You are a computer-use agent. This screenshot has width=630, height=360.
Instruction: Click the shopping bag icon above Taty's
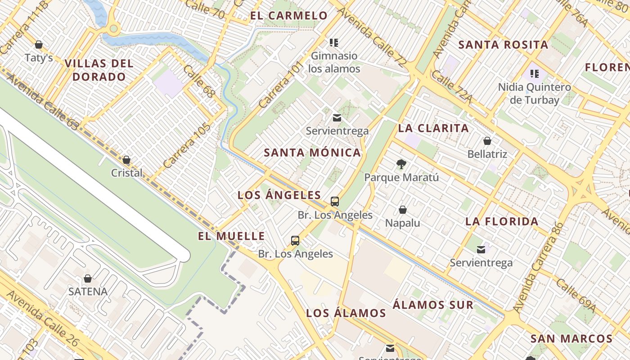[39, 45]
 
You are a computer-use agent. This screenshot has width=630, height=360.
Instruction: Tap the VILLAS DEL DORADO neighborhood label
[99, 70]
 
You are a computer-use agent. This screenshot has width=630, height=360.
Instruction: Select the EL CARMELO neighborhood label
[289, 16]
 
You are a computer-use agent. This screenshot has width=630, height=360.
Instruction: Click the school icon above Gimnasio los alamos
[334, 43]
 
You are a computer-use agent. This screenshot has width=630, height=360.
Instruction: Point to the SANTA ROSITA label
[503, 45]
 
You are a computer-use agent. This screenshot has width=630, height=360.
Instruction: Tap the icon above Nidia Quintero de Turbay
[535, 73]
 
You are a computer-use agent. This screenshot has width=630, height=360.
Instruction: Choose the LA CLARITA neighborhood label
[433, 128]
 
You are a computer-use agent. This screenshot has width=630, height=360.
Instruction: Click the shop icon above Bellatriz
[487, 141]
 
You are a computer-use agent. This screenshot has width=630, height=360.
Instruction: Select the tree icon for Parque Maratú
[401, 164]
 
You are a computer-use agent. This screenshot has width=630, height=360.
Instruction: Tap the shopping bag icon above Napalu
[403, 210]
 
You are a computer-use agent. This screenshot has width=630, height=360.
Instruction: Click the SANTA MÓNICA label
[312, 153]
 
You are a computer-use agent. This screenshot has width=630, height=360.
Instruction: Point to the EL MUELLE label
[231, 236]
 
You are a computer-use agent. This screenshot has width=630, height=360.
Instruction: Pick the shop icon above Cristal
[126, 160]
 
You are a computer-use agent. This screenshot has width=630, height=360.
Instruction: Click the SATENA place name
[88, 292]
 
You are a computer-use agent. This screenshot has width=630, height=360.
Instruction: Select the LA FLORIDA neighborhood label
[502, 221]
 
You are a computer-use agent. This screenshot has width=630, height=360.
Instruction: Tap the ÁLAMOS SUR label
[433, 305]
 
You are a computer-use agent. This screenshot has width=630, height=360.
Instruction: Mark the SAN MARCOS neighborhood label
[571, 339]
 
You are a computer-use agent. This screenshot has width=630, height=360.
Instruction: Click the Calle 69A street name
[575, 295]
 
